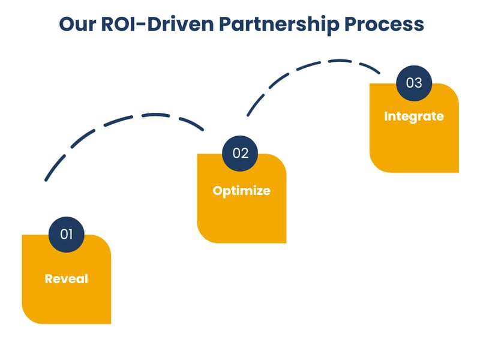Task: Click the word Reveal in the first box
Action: (x=66, y=279)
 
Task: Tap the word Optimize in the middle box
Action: (x=241, y=191)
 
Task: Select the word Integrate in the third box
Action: (x=414, y=116)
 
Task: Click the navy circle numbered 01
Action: (x=66, y=234)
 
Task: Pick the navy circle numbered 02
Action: (x=240, y=153)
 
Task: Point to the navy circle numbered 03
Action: (x=414, y=83)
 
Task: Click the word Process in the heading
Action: (x=384, y=24)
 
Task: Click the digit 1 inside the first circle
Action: (x=70, y=234)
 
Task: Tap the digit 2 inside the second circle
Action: (x=244, y=153)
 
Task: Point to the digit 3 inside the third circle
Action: (x=418, y=83)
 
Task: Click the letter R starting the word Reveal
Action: (x=49, y=279)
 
